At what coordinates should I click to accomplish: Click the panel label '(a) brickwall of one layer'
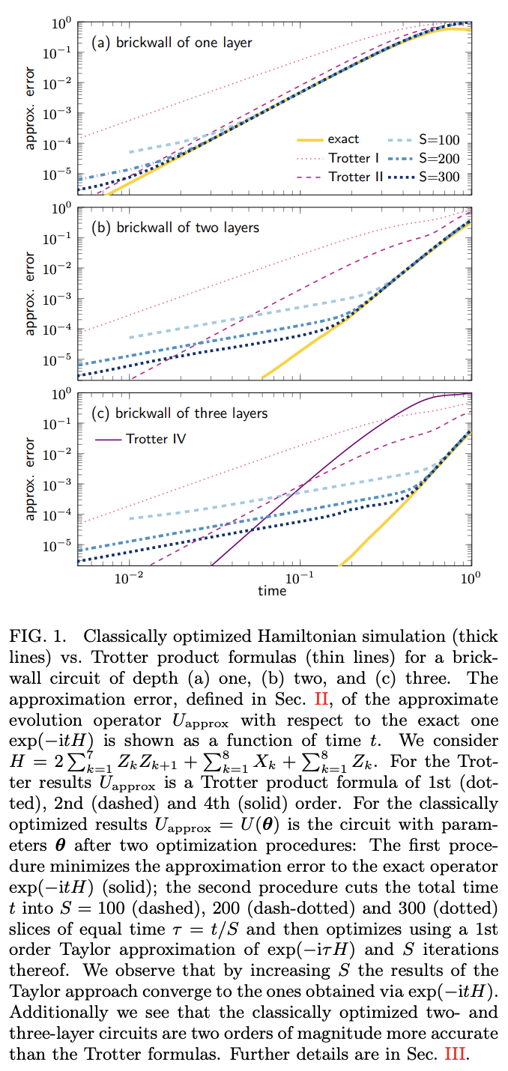pyautogui.click(x=172, y=43)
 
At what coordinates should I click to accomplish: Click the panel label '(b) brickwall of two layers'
pyautogui.click(x=175, y=228)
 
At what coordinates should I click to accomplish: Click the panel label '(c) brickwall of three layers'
pyautogui.click(x=179, y=413)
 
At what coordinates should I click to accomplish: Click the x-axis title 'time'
pyautogui.click(x=272, y=591)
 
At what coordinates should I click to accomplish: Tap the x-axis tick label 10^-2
pyautogui.click(x=129, y=578)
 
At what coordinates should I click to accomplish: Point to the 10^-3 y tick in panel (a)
pyautogui.click(x=58, y=112)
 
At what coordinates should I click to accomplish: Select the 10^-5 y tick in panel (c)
pyautogui.click(x=58, y=545)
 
